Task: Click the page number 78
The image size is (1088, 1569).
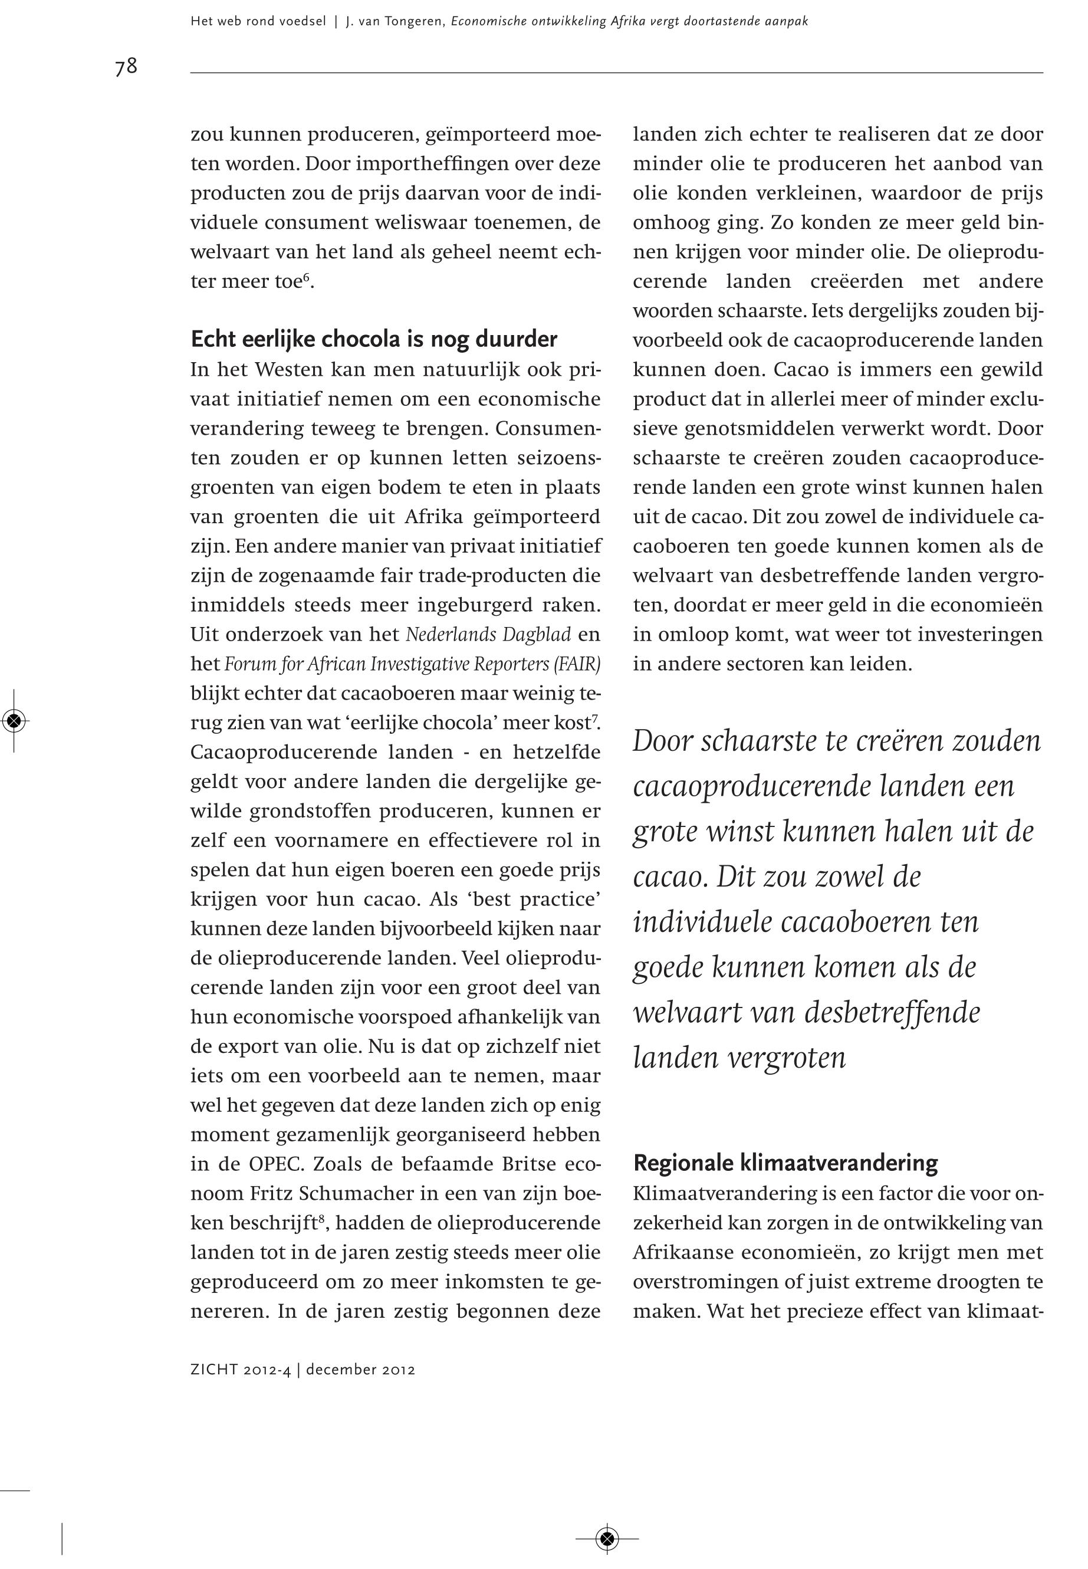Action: [126, 66]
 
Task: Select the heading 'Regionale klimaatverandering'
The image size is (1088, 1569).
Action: [785, 1162]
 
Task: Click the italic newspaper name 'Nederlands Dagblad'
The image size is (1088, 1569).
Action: [488, 635]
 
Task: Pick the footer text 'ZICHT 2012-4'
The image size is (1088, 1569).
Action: [241, 1370]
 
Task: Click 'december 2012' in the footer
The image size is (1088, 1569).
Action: [361, 1370]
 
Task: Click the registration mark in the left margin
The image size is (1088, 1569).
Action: [14, 721]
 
